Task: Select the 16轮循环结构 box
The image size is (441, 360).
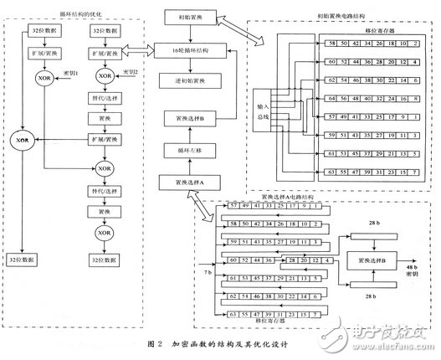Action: click(x=191, y=51)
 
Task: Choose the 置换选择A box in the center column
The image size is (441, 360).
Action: click(x=191, y=181)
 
